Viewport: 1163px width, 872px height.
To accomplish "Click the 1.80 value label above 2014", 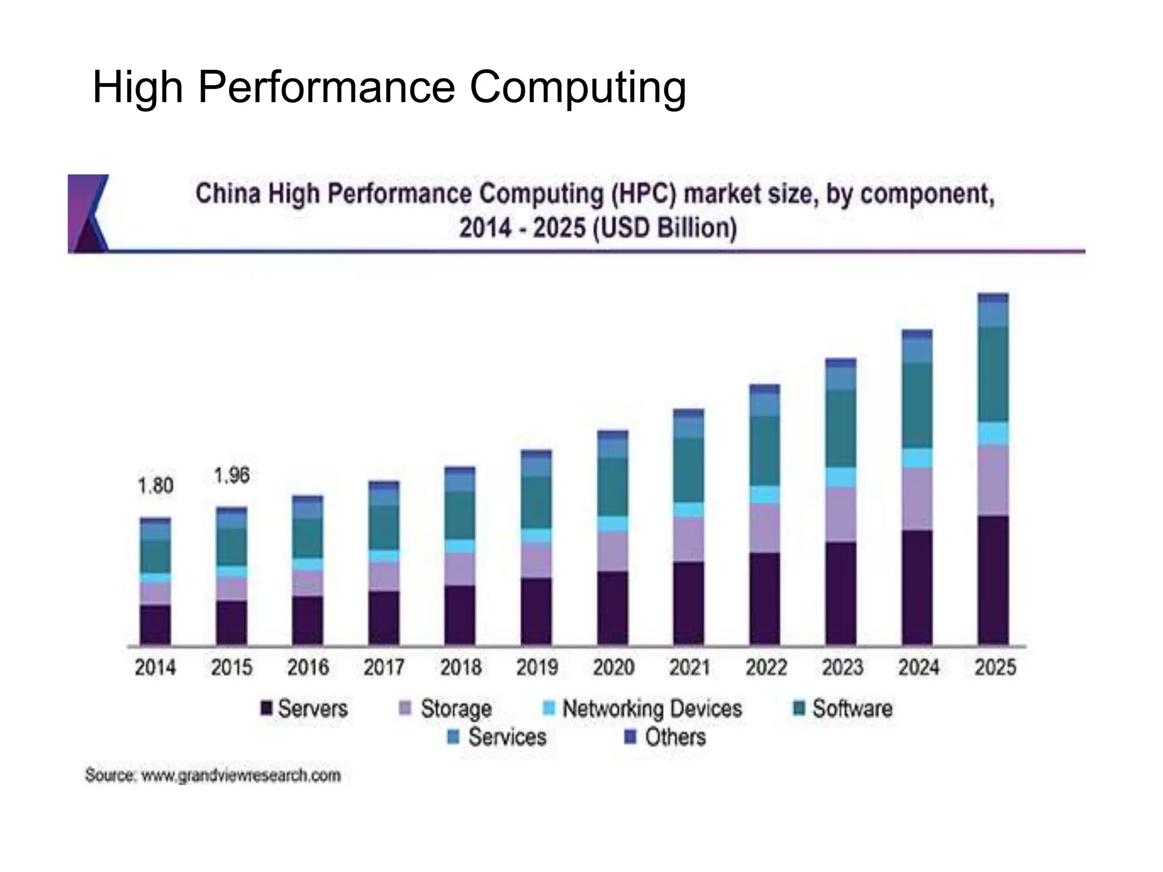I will (x=155, y=486).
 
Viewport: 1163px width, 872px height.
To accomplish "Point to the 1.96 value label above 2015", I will (x=231, y=476).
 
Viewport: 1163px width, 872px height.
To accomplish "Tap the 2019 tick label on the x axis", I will (x=537, y=667).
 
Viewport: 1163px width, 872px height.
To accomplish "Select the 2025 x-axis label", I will (x=995, y=667).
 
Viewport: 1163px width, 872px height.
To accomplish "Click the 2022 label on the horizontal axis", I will (x=766, y=667).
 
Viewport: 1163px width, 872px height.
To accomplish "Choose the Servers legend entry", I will (x=305, y=708).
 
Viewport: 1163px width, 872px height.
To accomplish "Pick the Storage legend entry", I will (x=446, y=708).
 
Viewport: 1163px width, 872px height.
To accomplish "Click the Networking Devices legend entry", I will (x=643, y=708).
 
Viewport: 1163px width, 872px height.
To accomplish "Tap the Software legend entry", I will (x=843, y=708).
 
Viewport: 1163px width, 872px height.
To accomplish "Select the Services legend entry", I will (x=497, y=737).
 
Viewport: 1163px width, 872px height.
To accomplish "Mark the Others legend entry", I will (x=666, y=737).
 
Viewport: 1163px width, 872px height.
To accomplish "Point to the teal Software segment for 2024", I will (x=917, y=405).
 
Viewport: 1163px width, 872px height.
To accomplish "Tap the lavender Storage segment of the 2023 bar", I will (x=841, y=514).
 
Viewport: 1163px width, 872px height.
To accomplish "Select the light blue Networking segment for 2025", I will (x=993, y=433).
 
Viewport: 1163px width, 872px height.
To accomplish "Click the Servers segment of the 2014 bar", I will (x=155, y=624).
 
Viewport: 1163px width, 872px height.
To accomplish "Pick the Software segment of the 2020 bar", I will (x=613, y=487).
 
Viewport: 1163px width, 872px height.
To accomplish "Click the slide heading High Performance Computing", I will (x=389, y=87).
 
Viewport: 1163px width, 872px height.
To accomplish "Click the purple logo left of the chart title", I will (x=88, y=213).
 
